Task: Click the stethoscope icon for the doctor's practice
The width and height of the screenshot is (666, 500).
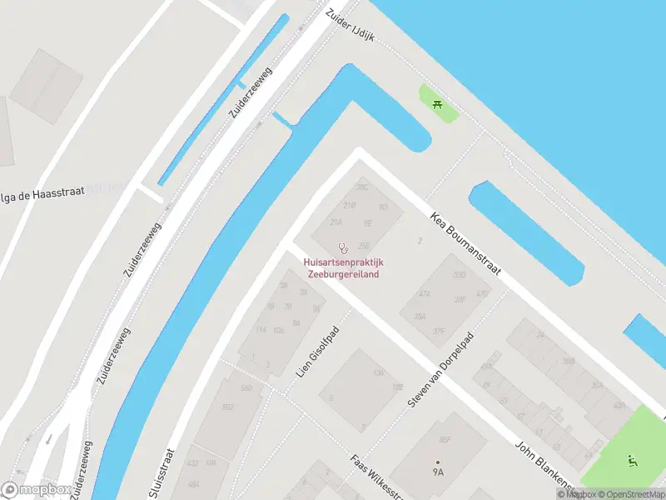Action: coord(343,247)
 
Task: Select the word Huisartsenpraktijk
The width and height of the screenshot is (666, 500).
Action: coord(344,262)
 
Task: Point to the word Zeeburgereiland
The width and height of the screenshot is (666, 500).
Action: coord(344,273)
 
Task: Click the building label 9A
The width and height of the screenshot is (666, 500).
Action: coord(438,472)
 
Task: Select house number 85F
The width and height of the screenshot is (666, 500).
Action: coord(445,439)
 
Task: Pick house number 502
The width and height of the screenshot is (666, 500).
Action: coord(228,407)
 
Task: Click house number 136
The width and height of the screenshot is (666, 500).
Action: coord(379,372)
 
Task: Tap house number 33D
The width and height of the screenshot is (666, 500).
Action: coord(459,275)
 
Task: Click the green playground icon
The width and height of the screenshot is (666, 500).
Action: coord(631,459)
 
